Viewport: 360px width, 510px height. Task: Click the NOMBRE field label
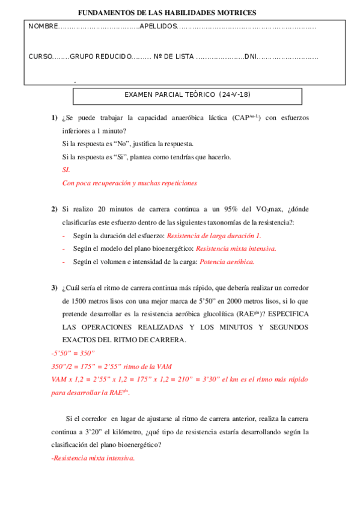click(42, 26)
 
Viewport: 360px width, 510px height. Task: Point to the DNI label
click(251, 57)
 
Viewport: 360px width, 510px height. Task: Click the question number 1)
click(54, 117)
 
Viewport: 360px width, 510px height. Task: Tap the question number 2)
click(54, 209)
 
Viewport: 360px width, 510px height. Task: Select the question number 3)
click(54, 287)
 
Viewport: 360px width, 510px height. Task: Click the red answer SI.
click(66, 170)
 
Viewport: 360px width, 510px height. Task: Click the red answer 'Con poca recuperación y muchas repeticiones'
click(129, 183)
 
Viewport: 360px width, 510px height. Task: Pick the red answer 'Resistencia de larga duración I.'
click(213, 236)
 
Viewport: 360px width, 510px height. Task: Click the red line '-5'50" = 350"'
click(73, 353)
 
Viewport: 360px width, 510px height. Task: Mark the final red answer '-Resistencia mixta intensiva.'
click(93, 458)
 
